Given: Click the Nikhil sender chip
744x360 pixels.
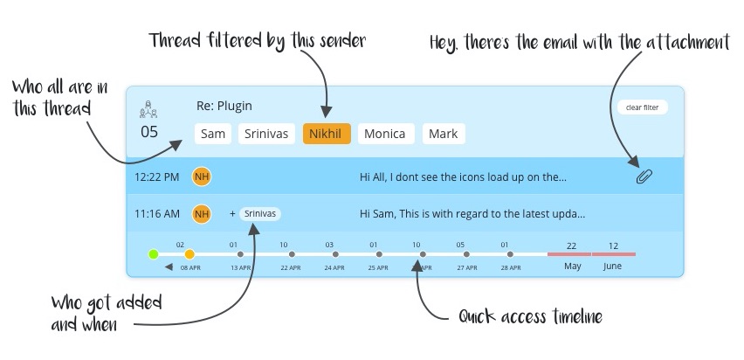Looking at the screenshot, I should [327, 134].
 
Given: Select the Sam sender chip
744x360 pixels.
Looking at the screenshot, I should [212, 134].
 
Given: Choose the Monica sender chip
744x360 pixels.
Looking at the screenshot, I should [384, 134].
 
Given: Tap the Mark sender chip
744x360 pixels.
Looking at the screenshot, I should [444, 134].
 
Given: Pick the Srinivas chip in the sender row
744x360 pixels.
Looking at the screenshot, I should [269, 134].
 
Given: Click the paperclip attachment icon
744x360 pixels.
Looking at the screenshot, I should [644, 177].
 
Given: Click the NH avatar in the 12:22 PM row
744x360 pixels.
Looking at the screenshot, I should [202, 177].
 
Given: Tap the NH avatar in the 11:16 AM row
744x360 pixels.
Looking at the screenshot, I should [202, 212].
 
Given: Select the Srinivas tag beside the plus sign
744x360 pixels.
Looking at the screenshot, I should [260, 212].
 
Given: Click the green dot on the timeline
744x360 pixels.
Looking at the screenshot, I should [154, 254].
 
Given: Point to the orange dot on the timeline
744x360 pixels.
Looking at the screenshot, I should [189, 254].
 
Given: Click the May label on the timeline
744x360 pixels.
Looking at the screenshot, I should [573, 266].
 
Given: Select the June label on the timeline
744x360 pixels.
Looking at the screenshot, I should [613, 266].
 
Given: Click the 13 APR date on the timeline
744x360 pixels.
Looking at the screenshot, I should [239, 267].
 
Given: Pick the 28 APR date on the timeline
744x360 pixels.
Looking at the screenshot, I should [511, 267].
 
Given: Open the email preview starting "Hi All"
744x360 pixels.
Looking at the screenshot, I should [463, 177].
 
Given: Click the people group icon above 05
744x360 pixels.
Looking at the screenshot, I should [149, 111].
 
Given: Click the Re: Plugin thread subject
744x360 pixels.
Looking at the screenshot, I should [224, 106].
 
